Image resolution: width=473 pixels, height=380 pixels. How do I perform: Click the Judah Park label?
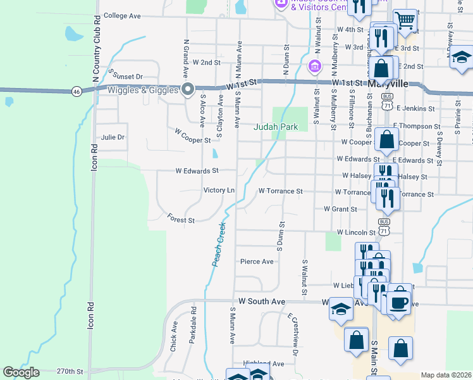click(276, 127)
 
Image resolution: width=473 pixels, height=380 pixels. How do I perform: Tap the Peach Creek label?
click(219, 244)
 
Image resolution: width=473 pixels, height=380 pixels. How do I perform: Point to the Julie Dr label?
click(113, 137)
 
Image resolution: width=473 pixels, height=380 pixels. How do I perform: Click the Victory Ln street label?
click(219, 190)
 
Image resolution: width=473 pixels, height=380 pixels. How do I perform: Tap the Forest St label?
click(181, 220)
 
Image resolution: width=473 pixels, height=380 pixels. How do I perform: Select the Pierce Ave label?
click(257, 261)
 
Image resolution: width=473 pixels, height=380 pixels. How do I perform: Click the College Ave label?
click(121, 16)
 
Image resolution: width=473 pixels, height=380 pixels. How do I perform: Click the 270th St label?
click(70, 371)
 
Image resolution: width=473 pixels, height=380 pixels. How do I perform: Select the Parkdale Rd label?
click(193, 325)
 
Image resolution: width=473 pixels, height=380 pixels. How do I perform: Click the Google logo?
click(21, 372)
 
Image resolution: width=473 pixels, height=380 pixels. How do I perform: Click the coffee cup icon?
click(400, 301)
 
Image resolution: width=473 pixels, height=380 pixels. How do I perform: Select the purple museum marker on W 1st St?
click(314, 66)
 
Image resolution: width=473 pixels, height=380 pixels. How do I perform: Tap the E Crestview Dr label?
click(292, 333)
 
